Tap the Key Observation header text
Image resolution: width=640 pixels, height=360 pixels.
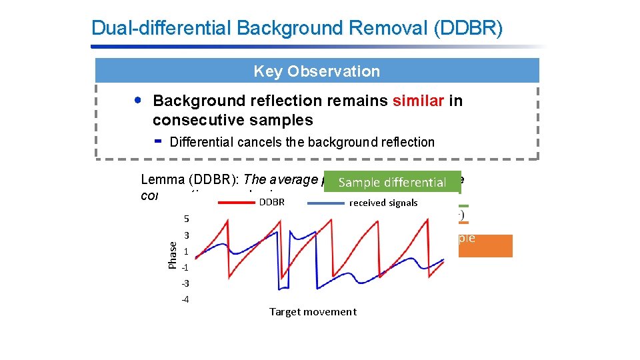[317, 71]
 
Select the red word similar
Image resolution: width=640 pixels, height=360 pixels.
[418, 101]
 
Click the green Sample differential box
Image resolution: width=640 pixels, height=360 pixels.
[392, 182]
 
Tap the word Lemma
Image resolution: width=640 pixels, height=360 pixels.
[160, 180]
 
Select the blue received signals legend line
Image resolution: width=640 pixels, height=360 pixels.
[326, 202]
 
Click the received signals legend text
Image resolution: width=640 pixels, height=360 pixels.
[383, 203]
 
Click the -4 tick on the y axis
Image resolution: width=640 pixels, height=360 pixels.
[185, 299]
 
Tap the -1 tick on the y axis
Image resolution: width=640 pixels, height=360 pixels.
[185, 267]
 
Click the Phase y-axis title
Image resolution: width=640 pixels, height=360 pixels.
[171, 255]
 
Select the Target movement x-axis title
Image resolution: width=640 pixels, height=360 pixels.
[313, 311]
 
